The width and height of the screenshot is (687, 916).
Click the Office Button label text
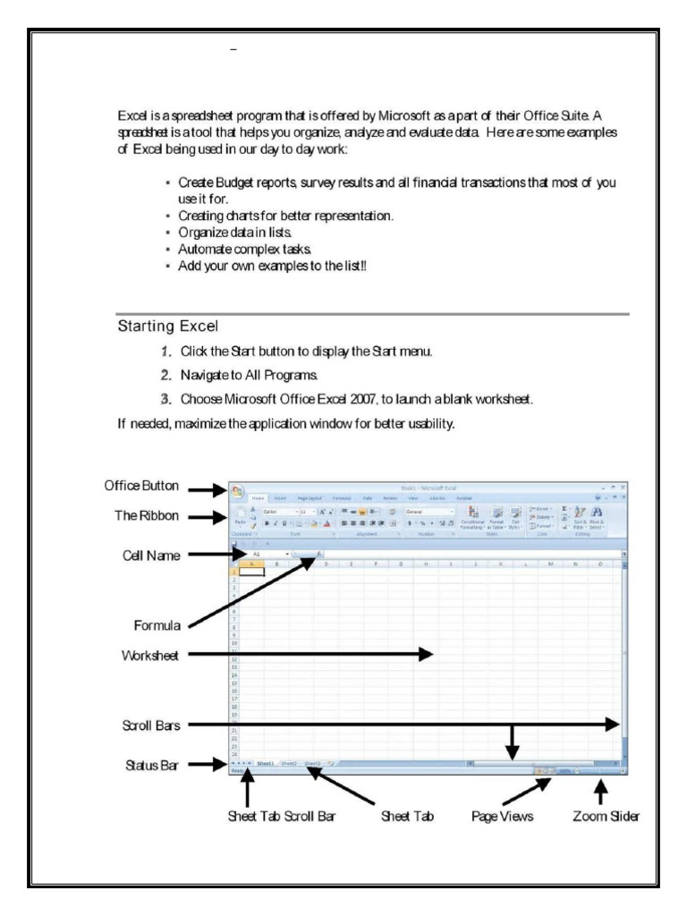click(x=146, y=486)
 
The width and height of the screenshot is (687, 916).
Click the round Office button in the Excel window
click(x=239, y=492)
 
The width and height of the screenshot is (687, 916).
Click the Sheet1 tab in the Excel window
click(x=265, y=764)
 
